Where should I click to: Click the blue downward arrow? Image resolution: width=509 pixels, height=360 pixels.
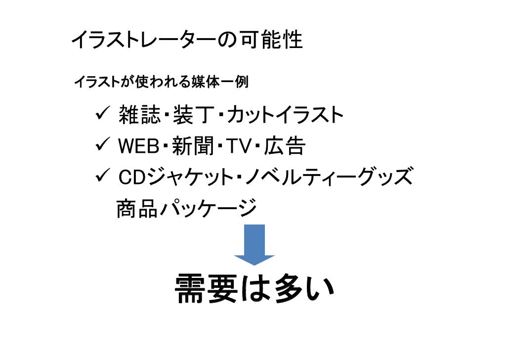click(x=254, y=244)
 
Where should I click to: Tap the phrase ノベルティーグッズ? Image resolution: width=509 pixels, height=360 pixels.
click(x=327, y=177)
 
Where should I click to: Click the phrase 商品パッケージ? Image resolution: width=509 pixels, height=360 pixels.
click(x=186, y=208)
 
